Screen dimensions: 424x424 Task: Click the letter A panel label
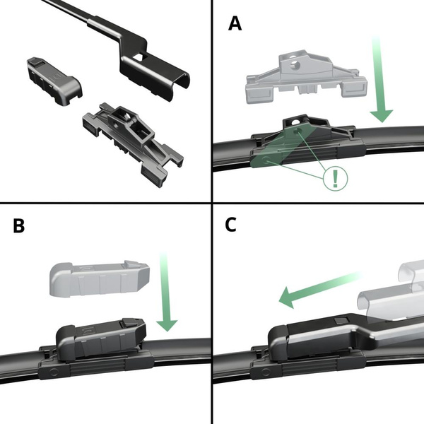235,23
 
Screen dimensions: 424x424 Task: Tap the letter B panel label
20,226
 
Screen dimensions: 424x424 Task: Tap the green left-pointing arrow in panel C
318,290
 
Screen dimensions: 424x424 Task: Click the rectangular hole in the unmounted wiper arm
141,57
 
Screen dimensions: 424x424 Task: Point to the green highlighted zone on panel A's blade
279,148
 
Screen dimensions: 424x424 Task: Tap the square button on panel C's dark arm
338,321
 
